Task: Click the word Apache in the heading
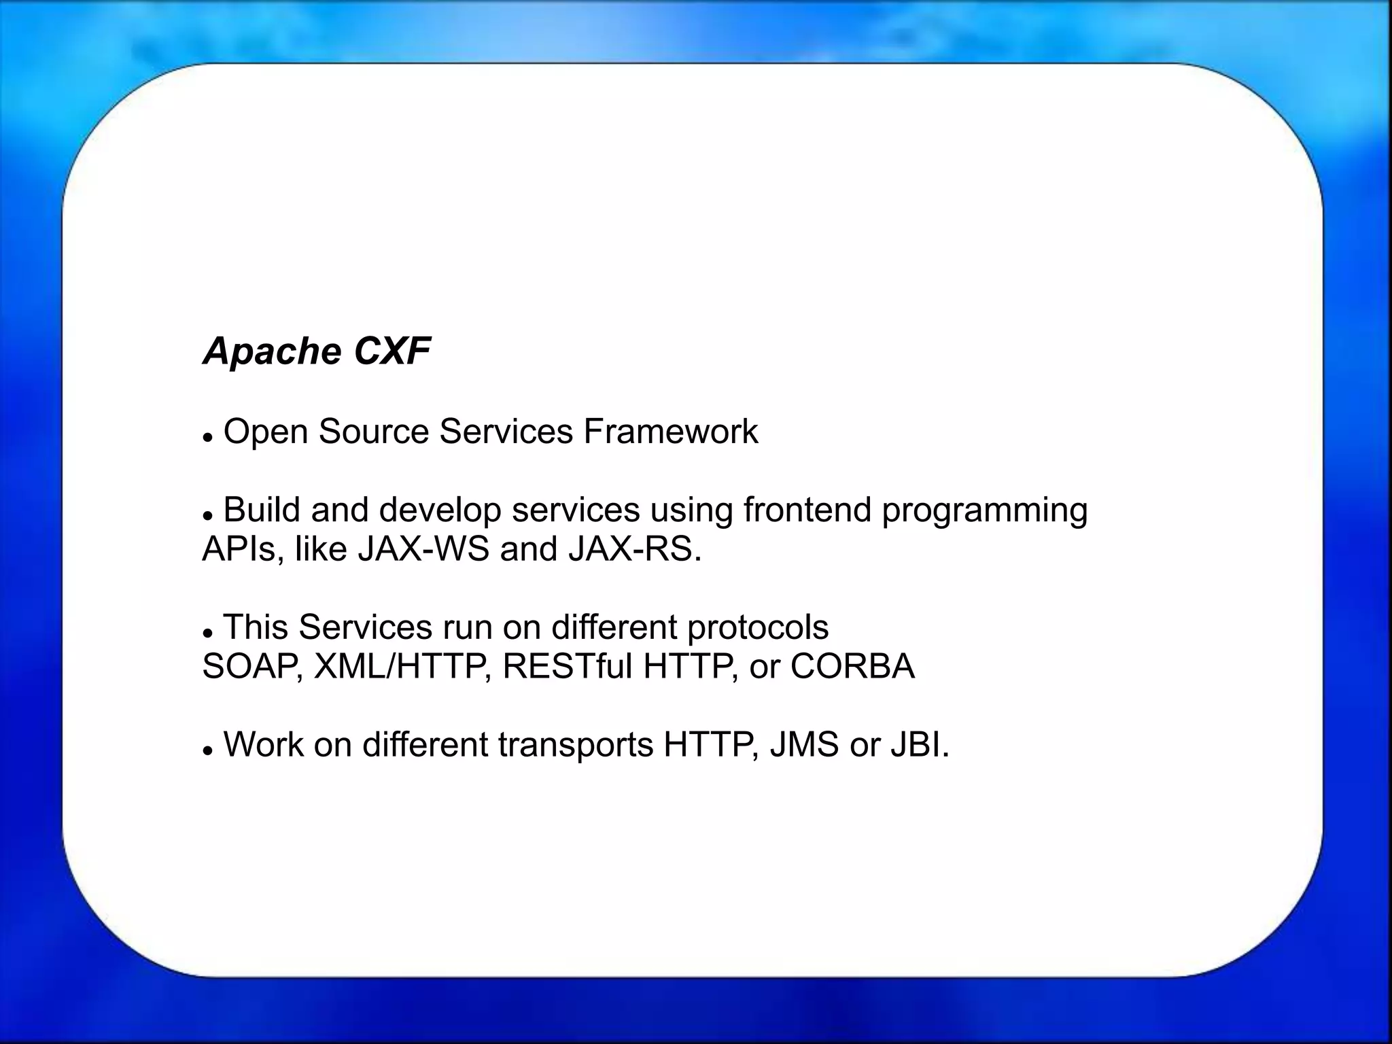click(272, 352)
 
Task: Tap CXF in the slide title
click(392, 351)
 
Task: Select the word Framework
click(670, 432)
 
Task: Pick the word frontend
click(807, 510)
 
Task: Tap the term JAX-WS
click(423, 549)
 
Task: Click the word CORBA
click(852, 666)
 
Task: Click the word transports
click(575, 746)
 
